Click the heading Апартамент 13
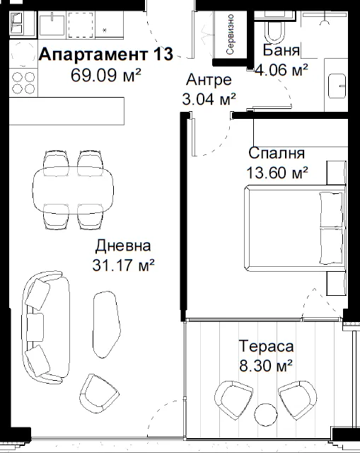106,55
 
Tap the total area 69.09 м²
106,75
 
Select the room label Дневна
123,246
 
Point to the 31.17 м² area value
123,265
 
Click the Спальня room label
277,153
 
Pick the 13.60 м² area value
277,173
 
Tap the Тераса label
266,346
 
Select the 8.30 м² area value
266,365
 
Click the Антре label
209,80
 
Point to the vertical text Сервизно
231,35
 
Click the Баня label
281,50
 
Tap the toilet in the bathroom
274,30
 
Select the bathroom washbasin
337,86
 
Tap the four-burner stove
23,83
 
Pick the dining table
73,190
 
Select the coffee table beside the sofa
106,324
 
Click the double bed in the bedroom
295,228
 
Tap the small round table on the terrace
266,415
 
